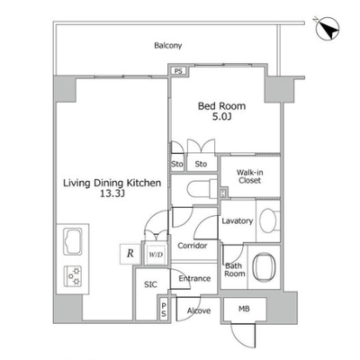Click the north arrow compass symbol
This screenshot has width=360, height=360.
pyautogui.click(x=328, y=29)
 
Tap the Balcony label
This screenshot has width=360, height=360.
pyautogui.click(x=168, y=46)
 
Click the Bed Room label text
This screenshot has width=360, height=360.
pyautogui.click(x=221, y=106)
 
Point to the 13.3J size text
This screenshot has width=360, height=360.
pyautogui.click(x=112, y=194)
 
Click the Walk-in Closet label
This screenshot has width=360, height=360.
pyautogui.click(x=250, y=176)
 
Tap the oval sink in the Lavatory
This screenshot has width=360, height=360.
pyautogui.click(x=268, y=220)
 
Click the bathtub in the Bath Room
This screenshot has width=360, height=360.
pyautogui.click(x=265, y=267)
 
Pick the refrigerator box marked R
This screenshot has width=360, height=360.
pyautogui.click(x=130, y=254)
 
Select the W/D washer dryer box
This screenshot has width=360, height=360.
pyautogui.click(x=156, y=255)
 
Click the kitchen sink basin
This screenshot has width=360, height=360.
pyautogui.click(x=73, y=241)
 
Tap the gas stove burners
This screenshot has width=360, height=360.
pyautogui.click(x=73, y=275)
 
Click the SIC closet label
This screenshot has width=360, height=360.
pyautogui.click(x=150, y=284)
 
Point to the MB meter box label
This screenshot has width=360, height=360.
pyautogui.click(x=244, y=309)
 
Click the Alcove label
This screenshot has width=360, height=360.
pyautogui.click(x=199, y=310)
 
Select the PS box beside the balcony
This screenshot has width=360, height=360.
pyautogui.click(x=178, y=71)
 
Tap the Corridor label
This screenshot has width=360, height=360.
pyautogui.click(x=193, y=246)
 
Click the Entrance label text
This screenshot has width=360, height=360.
pyautogui.click(x=194, y=278)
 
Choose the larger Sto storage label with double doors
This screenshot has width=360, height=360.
pyautogui.click(x=201, y=164)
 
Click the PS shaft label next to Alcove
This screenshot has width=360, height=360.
pyautogui.click(x=164, y=310)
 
